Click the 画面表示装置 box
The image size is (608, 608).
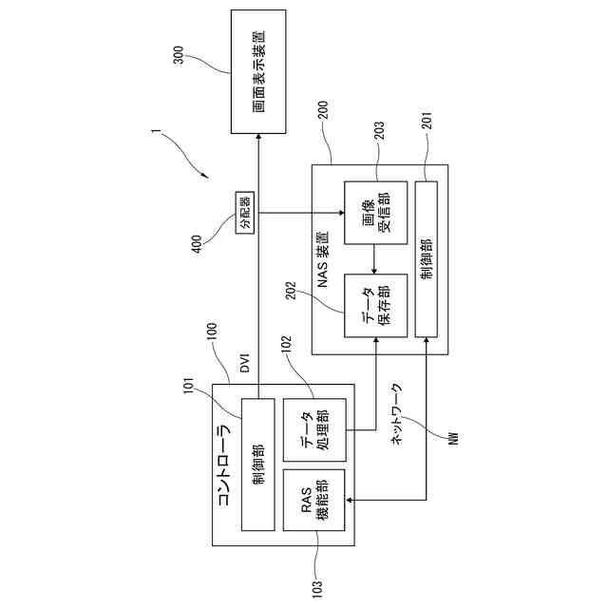click(x=258, y=72)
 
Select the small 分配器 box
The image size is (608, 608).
click(x=245, y=213)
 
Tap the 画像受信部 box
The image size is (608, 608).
click(x=376, y=213)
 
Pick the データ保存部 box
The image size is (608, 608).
click(x=376, y=306)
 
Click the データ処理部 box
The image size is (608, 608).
click(x=314, y=429)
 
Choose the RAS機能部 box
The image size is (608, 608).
click(x=314, y=501)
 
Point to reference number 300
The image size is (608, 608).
click(x=179, y=55)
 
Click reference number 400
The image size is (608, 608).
click(x=197, y=245)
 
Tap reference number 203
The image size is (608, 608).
click(x=379, y=131)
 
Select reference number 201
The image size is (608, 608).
click(x=427, y=121)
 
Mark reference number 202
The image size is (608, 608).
click(x=291, y=291)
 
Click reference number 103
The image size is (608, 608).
click(x=316, y=589)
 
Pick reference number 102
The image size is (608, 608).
click(x=286, y=345)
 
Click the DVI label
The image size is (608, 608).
click(x=245, y=363)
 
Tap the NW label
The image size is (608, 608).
click(x=454, y=439)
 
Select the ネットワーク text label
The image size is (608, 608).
click(x=396, y=414)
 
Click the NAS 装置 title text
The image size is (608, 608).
click(x=323, y=259)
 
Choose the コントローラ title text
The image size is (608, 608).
click(x=224, y=465)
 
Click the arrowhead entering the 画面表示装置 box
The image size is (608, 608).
click(x=258, y=137)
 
